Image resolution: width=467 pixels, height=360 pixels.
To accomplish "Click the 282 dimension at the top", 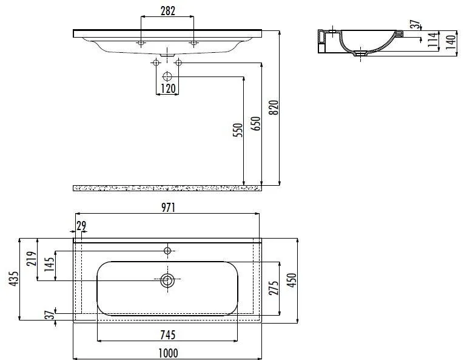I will (x=167, y=10).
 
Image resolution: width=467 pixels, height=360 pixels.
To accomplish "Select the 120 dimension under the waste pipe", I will (x=168, y=89).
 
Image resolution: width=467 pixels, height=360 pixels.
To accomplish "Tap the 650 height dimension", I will (x=256, y=125).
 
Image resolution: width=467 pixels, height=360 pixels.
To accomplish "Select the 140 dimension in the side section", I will (x=451, y=42).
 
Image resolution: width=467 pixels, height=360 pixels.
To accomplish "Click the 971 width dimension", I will (x=168, y=208).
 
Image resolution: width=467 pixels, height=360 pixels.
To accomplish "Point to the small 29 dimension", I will (x=81, y=225).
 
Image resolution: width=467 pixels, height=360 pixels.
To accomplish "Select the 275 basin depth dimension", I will (x=273, y=288).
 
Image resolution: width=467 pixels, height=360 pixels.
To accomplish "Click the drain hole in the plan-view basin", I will (x=167, y=280).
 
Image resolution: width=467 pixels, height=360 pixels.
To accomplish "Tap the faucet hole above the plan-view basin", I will (x=168, y=250).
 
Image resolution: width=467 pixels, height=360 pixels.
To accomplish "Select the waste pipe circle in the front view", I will (x=168, y=77).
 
